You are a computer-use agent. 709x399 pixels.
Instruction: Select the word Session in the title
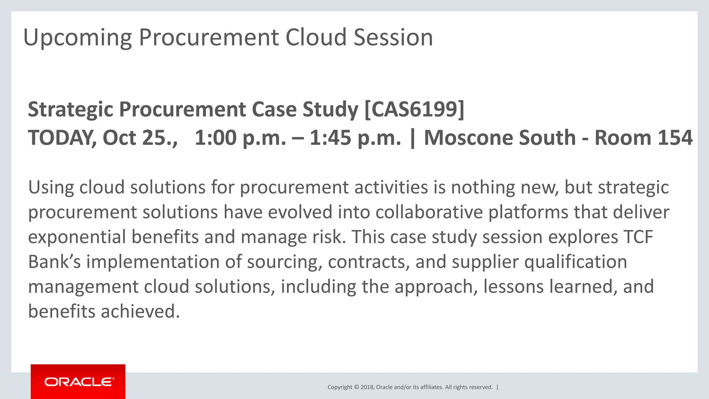[x=393, y=37]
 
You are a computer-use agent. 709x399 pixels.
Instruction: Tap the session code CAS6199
[x=414, y=109]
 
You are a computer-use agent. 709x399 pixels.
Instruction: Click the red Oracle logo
[x=78, y=382]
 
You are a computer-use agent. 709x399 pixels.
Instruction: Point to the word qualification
[x=575, y=262]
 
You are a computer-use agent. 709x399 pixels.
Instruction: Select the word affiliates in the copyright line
[x=431, y=387]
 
